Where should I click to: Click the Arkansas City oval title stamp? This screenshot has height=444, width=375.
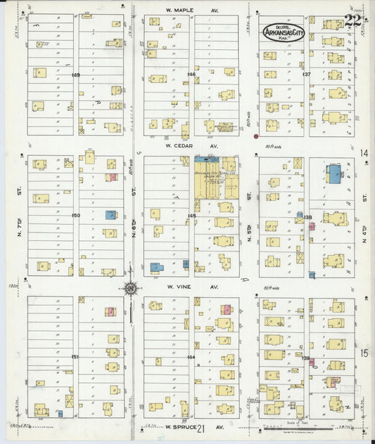point(284,32)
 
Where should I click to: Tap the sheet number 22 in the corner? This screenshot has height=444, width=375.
point(352,20)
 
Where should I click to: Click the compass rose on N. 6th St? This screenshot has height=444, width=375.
point(131,287)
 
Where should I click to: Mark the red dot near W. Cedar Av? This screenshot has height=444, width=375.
point(256,136)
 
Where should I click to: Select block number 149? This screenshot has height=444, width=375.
point(75,74)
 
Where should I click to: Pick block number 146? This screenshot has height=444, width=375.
point(191,74)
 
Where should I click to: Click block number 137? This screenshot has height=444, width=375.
point(306,74)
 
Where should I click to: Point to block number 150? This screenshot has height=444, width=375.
point(75,215)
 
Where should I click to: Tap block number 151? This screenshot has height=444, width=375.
point(75,357)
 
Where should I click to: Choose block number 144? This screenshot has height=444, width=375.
point(191,357)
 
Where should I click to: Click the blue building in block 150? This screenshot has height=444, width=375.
point(110,215)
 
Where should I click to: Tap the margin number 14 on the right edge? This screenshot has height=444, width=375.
point(363,153)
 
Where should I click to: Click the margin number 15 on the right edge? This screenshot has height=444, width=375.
point(363,353)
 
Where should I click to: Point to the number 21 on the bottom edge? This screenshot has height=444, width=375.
point(201,428)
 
